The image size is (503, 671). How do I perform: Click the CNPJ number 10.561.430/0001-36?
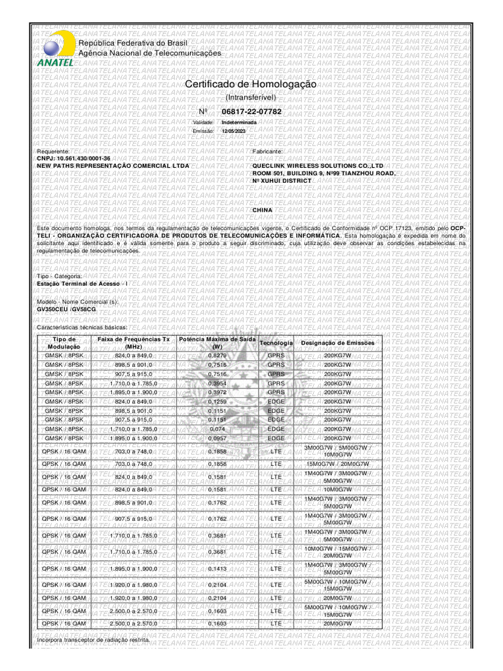pyautogui.click(x=73, y=159)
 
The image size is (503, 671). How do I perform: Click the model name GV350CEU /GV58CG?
pyautogui.click(x=66, y=309)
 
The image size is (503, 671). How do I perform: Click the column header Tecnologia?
pyautogui.click(x=276, y=343)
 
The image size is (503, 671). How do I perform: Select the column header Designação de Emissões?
pyautogui.click(x=337, y=343)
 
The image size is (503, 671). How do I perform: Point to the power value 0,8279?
pyautogui.click(x=217, y=355)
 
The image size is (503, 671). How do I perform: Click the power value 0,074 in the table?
pyautogui.click(x=217, y=429)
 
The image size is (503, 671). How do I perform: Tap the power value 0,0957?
pyautogui.click(x=217, y=438)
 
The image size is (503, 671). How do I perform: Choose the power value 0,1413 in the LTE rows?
pyautogui.click(x=217, y=569)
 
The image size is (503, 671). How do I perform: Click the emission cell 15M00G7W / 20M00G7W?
pyautogui.click(x=337, y=463)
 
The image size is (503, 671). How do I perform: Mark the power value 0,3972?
pyautogui.click(x=217, y=392)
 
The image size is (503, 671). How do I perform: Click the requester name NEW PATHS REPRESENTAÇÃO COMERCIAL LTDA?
pyautogui.click(x=113, y=166)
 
